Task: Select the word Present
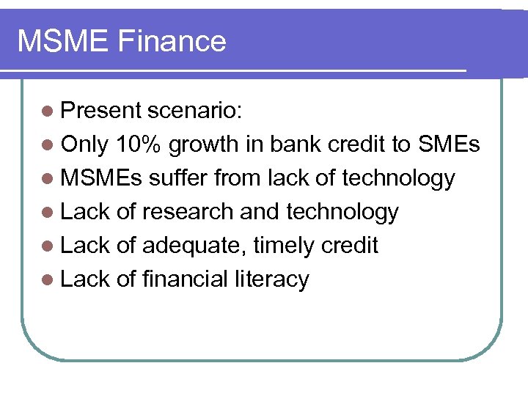101,110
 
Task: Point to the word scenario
196,110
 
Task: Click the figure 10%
139,144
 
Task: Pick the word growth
205,145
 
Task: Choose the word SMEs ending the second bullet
449,144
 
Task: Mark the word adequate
194,246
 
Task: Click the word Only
85,145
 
